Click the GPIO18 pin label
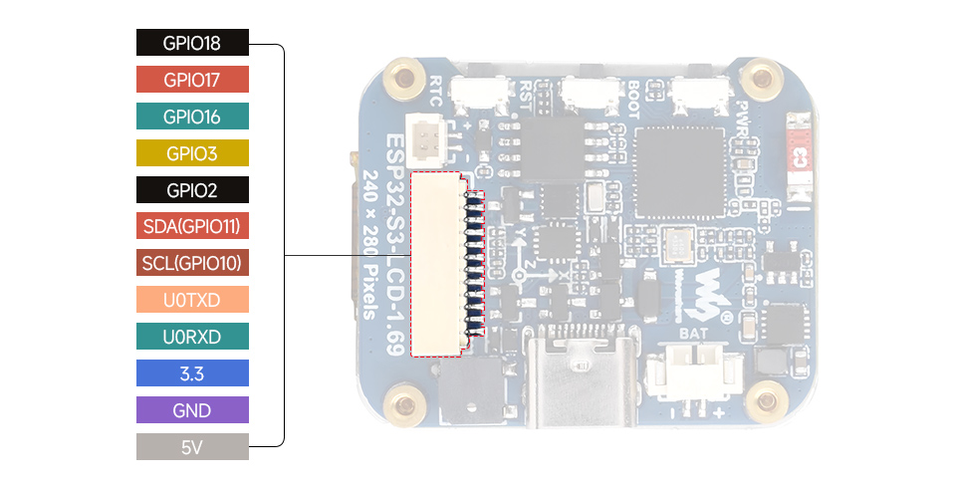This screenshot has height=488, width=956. (x=192, y=43)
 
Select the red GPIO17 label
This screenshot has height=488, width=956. (x=192, y=80)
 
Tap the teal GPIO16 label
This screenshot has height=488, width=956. (x=192, y=117)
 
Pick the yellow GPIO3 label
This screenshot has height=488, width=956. (x=192, y=153)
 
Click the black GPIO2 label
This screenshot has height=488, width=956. (x=192, y=190)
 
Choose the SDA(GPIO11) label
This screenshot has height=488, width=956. (x=192, y=226)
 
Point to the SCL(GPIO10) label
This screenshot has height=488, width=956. (x=192, y=263)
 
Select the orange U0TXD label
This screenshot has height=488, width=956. (x=192, y=300)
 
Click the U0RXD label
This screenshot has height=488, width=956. (x=192, y=337)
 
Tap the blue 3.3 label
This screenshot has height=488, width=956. (x=192, y=373)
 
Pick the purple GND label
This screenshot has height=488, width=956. (x=192, y=410)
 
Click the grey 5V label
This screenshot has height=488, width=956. (x=192, y=447)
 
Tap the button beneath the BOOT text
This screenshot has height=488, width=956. (x=588, y=94)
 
